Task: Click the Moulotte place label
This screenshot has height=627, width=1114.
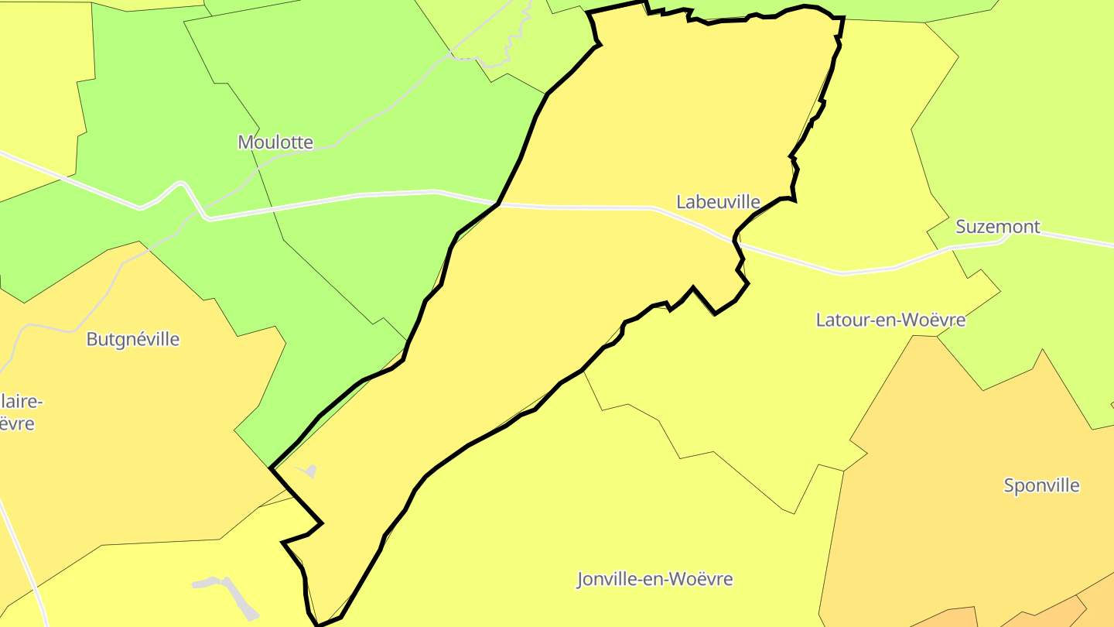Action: coord(275,142)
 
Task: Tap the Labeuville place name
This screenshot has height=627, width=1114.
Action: coord(718,202)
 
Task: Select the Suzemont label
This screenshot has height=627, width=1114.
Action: coord(998,227)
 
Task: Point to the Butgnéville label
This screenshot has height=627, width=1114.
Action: coord(133,339)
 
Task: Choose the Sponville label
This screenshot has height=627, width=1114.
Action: coord(1041,485)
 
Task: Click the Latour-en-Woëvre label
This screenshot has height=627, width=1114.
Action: coord(890,320)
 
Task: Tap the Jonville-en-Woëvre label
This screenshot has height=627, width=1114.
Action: coord(654,579)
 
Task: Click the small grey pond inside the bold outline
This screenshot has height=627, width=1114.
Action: coord(307,470)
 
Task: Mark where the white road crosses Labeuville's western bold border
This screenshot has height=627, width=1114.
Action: coord(499,204)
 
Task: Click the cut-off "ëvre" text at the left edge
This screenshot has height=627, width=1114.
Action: coord(17,423)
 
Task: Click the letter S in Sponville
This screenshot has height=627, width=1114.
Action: coord(1010,486)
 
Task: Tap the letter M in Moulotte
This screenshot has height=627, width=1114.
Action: coord(246,142)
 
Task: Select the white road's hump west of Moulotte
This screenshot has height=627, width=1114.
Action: coord(182,184)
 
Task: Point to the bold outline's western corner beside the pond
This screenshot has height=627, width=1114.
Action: coord(271,468)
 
